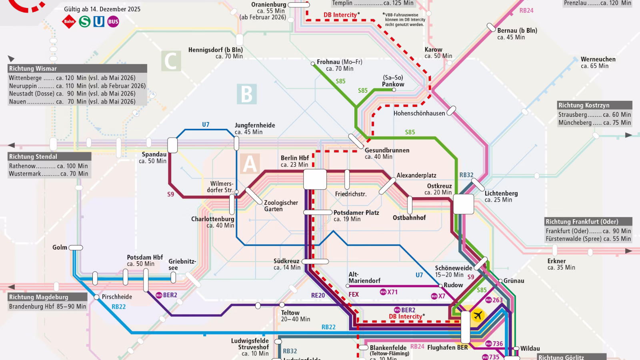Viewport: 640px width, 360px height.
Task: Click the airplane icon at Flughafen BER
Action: pos(477,316)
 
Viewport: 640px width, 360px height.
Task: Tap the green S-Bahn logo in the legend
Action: pos(84,21)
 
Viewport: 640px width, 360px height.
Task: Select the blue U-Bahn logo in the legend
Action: pos(99,21)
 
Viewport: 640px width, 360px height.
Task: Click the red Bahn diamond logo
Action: pos(69,22)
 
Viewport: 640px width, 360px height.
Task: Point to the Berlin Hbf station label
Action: pos(295,158)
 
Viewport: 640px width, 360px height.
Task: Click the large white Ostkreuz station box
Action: pos(463,204)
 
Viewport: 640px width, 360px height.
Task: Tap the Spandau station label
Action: pos(154,154)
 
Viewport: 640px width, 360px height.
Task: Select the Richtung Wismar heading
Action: pos(33,68)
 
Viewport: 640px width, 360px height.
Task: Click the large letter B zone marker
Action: pos(247,94)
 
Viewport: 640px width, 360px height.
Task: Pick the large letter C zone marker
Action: pos(171,61)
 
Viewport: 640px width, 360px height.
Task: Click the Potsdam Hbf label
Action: pos(145,257)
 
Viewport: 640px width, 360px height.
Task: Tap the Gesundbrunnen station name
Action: pos(387,150)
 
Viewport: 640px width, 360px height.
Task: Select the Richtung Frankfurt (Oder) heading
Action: pos(582,222)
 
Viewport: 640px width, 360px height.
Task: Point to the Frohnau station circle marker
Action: pos(313,63)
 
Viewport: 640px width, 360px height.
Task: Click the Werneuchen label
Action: pos(598,59)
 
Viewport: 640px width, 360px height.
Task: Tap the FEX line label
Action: pos(354,294)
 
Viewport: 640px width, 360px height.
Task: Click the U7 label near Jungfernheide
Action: pos(206,124)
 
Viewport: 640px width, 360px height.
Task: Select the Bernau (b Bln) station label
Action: pos(517,30)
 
